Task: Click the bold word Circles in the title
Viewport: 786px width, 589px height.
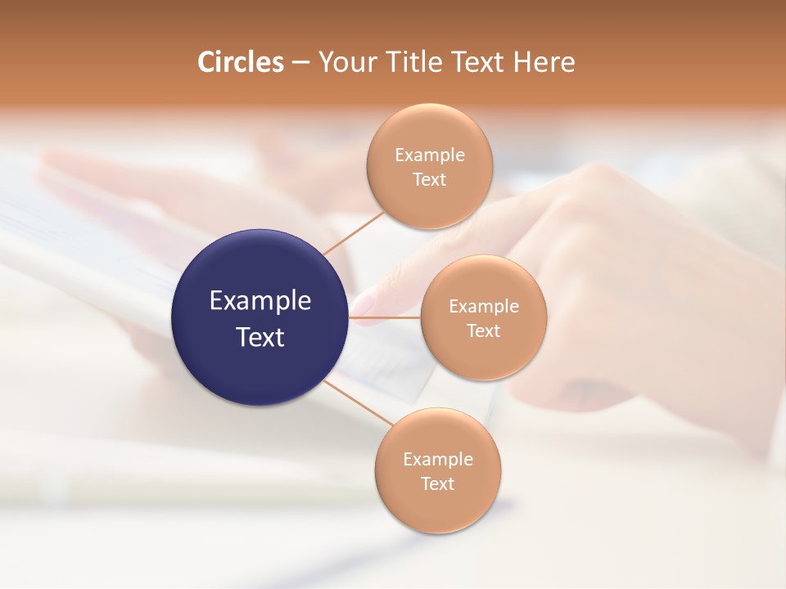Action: (x=240, y=62)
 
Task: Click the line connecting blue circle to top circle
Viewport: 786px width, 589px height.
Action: (x=354, y=232)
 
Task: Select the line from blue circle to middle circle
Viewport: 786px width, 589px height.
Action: (x=385, y=317)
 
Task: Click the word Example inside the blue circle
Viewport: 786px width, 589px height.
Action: (x=260, y=301)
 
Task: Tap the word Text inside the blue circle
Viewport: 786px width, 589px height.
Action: (x=260, y=337)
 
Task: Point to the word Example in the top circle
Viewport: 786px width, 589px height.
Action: (x=429, y=155)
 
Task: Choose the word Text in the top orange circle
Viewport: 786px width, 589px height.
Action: (x=429, y=180)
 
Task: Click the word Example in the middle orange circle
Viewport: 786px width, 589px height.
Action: (x=483, y=307)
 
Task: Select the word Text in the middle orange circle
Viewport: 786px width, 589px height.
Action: (x=483, y=331)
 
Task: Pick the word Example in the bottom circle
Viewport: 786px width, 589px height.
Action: (x=437, y=460)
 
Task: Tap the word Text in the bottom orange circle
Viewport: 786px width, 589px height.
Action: (x=437, y=484)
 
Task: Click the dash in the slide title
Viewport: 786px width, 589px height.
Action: (x=300, y=63)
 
